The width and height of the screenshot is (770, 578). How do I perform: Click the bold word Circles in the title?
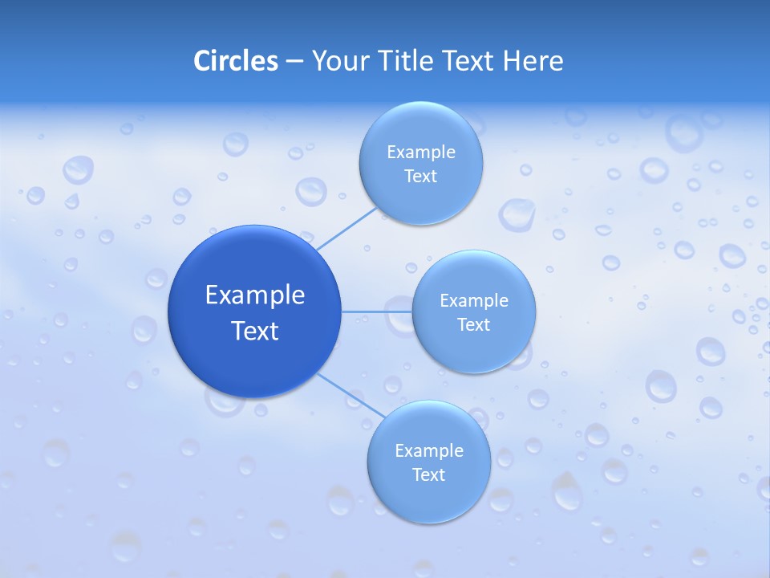coord(235,61)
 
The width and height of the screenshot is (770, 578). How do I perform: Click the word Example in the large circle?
coord(254,295)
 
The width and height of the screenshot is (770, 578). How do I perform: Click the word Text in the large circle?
coord(254,331)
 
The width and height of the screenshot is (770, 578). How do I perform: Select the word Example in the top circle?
coord(421,153)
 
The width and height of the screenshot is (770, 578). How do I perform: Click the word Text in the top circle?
coord(421,177)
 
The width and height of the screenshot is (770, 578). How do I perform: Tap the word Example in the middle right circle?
coord(474,301)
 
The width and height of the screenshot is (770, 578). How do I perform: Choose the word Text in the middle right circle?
coord(474,325)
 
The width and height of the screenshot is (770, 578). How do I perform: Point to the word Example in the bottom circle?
coord(429,451)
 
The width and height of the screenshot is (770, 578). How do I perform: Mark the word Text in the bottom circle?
coord(429,475)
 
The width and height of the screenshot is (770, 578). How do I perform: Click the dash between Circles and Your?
coord(294,61)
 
